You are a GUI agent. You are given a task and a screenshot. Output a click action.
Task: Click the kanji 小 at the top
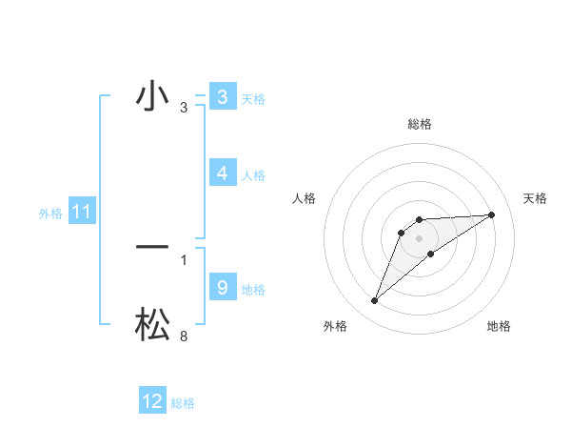(x=151, y=98)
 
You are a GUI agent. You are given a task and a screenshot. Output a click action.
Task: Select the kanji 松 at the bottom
(x=151, y=324)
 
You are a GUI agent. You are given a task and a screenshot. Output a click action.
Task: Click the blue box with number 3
(x=222, y=97)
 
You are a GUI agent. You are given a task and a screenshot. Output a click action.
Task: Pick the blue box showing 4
(x=222, y=173)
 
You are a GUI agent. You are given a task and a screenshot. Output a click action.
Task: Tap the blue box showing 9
(x=222, y=287)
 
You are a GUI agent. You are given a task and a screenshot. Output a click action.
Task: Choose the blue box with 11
(x=81, y=212)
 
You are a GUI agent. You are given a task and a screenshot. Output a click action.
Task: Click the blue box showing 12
(x=152, y=401)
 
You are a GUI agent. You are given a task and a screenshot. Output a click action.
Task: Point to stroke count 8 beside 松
(x=183, y=336)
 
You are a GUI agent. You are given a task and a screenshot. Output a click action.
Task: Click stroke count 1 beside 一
(x=183, y=259)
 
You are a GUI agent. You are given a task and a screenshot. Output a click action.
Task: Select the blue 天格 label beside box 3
(x=253, y=98)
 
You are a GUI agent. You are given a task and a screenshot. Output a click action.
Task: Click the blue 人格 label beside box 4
(x=253, y=174)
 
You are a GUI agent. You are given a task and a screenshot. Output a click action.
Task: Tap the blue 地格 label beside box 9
(x=253, y=289)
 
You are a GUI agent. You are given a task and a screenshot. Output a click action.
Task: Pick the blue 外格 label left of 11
(x=50, y=214)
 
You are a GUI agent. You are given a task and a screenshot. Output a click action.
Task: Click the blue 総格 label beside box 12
(x=183, y=403)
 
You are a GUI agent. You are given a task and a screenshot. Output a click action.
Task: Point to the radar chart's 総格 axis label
(x=419, y=124)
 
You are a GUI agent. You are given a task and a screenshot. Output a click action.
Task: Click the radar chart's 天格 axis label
(x=535, y=198)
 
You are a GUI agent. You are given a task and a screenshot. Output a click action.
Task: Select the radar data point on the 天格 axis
(x=491, y=214)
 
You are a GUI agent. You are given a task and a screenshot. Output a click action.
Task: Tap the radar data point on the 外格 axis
(x=374, y=301)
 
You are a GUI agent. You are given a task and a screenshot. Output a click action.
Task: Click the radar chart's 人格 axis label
(x=304, y=198)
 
